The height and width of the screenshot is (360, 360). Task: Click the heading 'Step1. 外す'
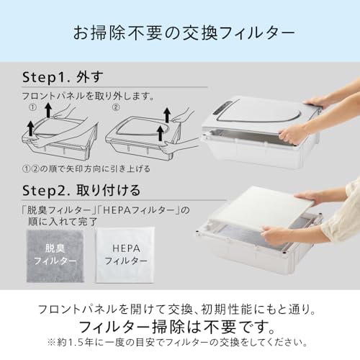(x=63, y=77)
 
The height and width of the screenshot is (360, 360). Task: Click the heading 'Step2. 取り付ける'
(x=81, y=190)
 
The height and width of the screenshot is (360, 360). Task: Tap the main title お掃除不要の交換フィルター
(x=184, y=32)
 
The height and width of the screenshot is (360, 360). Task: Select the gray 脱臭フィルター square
(x=55, y=256)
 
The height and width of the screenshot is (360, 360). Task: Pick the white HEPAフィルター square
(x=125, y=255)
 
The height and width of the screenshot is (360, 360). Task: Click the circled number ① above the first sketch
(x=33, y=107)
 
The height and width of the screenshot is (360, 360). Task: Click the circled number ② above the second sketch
(x=116, y=107)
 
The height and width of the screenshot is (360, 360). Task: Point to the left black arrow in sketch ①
(x=30, y=129)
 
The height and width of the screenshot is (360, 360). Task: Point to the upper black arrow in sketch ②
(x=167, y=115)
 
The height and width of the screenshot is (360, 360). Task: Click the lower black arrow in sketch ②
(x=161, y=133)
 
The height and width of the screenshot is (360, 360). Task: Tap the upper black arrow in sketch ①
(x=48, y=110)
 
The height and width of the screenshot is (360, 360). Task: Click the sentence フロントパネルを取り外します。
(x=88, y=96)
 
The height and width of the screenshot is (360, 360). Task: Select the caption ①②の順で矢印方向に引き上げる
(x=86, y=168)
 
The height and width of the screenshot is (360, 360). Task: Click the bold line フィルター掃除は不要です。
(x=177, y=327)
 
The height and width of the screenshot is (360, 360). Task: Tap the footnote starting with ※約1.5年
(x=177, y=343)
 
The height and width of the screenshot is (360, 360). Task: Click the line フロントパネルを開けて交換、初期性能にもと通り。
(x=177, y=309)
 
